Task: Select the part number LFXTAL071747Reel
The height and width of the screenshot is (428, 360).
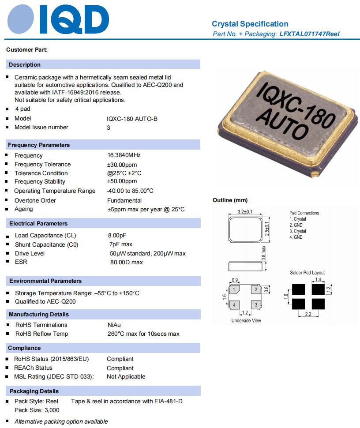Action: (309, 34)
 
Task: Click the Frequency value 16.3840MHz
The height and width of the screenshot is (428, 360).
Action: (124, 155)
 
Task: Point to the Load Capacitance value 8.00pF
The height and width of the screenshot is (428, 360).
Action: (120, 235)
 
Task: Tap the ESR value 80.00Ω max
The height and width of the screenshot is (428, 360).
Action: (126, 262)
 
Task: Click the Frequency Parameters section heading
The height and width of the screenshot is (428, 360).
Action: (39, 145)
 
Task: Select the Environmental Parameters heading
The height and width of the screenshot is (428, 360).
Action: (45, 281)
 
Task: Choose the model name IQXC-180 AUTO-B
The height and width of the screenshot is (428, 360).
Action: (132, 118)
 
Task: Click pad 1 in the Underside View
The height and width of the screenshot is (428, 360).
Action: (235, 289)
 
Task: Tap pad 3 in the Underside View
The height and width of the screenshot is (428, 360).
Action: (255, 304)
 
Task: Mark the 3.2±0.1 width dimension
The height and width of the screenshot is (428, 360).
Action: (245, 212)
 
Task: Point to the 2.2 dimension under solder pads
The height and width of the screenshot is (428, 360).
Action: (307, 314)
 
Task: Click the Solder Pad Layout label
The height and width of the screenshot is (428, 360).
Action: (307, 273)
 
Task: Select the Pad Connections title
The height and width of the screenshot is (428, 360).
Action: (304, 213)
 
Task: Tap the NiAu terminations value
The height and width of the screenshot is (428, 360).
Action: (114, 325)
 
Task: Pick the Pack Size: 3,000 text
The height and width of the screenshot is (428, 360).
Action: (37, 410)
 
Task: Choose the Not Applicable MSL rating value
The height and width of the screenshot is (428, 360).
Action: (126, 376)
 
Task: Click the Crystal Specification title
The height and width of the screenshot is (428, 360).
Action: (250, 24)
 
